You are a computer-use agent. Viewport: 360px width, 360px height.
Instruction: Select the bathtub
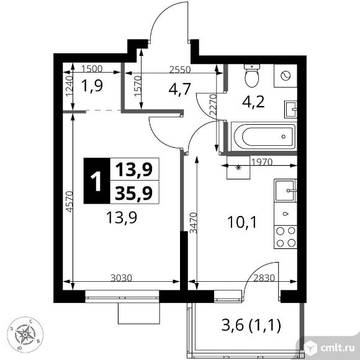point(264,137)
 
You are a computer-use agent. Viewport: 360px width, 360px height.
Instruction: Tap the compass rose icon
point(25,335)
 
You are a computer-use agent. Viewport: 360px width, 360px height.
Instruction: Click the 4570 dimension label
point(69,201)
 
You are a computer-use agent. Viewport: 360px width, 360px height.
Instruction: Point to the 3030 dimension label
point(121,278)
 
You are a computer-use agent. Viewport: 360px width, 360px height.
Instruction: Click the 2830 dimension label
point(264,278)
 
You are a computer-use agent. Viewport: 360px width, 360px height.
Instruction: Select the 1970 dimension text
point(262,163)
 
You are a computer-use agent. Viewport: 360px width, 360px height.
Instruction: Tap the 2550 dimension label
point(180,70)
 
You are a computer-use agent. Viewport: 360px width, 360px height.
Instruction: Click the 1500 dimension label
point(92,69)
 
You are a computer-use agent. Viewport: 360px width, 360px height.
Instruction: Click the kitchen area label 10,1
point(242,222)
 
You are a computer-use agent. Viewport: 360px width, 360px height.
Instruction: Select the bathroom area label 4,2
point(253,102)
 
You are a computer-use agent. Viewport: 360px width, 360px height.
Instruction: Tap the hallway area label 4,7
point(180,89)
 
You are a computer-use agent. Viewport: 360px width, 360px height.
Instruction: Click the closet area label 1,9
point(92,86)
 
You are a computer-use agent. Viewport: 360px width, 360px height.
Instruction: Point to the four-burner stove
point(286,236)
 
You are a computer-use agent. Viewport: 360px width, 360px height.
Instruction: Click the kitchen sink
point(286,191)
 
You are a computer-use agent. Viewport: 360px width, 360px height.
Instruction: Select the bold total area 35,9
point(134,192)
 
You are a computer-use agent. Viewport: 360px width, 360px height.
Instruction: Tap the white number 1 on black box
point(96,181)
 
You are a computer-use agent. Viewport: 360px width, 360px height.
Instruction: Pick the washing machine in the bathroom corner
point(286,76)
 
